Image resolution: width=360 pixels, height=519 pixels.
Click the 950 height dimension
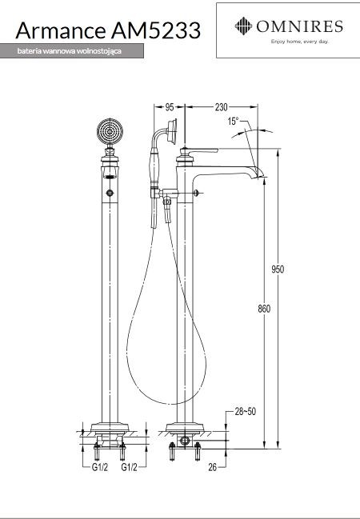coord(278,269)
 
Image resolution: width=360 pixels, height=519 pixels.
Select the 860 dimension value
coord(264,309)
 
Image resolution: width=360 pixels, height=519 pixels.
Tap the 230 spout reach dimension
coord(222,107)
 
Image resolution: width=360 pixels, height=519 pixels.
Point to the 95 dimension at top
coord(170,107)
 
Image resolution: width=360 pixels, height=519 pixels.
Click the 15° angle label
coord(233,121)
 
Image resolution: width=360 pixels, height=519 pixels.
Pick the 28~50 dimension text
coord(245,411)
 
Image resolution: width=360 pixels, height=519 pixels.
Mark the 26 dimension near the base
coord(213,467)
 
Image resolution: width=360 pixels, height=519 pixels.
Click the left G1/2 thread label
coord(100,467)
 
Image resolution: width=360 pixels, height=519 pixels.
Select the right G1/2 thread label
coord(129,467)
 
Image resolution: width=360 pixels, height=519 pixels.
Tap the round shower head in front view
coord(110,131)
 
